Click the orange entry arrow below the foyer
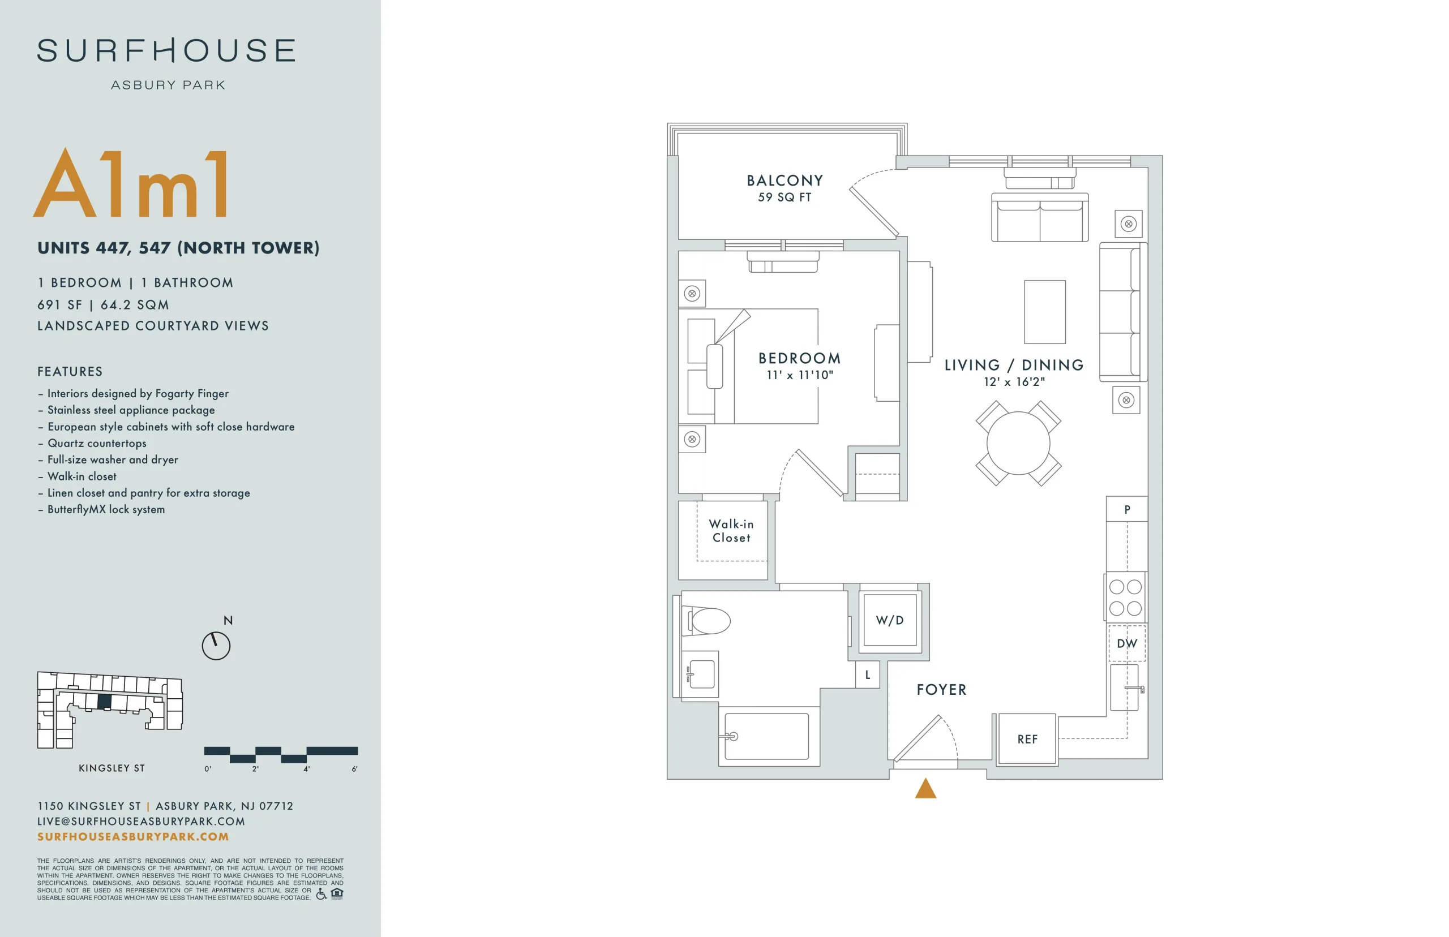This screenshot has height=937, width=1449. pos(925,788)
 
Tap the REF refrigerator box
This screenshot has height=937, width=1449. pos(1027,738)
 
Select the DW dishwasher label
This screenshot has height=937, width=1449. pos(1126,644)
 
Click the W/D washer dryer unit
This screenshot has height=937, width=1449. pos(890,620)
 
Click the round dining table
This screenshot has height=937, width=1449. pos(1018,443)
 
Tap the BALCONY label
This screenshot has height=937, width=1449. pos(784,180)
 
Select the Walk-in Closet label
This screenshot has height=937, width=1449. pos(731,531)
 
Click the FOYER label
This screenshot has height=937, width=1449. pos(941,689)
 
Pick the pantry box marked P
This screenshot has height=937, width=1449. pos(1126,509)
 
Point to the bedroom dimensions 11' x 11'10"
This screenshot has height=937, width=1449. pos(800,375)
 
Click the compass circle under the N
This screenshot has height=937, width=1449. pos(216,646)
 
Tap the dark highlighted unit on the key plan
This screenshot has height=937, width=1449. pos(104,702)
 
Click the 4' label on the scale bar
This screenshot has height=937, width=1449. pos(307,769)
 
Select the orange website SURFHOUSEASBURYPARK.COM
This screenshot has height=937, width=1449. pos(133,837)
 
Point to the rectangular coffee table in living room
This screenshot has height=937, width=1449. pos(1044,312)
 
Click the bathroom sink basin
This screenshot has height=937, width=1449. pos(702,674)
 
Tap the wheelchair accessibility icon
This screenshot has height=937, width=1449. pos(321,893)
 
